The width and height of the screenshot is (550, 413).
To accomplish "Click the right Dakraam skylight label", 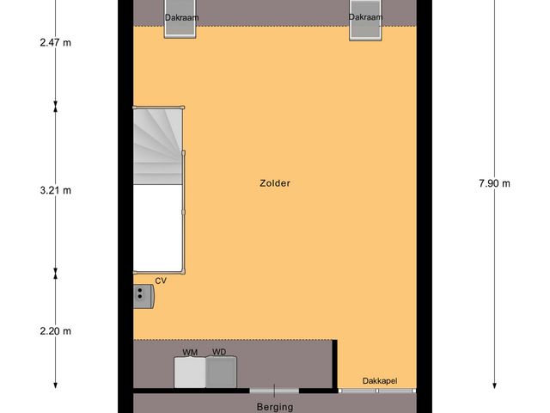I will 364,17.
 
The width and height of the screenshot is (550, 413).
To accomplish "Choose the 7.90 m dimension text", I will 494,183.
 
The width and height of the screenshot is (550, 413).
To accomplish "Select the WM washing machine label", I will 190,352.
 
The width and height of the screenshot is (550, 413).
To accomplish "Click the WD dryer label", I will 219,352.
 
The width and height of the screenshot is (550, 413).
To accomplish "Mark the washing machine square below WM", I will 190,372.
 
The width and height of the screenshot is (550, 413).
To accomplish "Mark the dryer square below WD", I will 221,372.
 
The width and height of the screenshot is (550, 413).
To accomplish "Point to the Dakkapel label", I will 379,381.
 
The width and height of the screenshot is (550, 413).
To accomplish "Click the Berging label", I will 275,407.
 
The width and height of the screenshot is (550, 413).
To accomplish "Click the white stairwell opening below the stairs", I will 157,227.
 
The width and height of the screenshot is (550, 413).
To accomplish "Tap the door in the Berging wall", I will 275,390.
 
